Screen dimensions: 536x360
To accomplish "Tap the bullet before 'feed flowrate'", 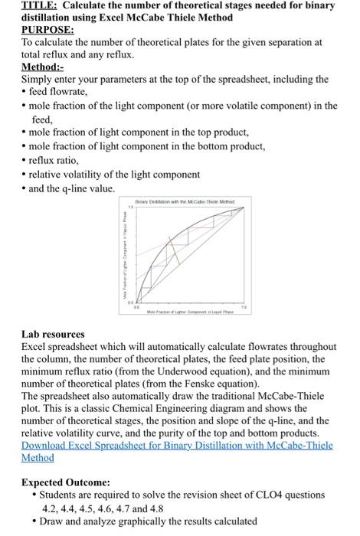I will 25,92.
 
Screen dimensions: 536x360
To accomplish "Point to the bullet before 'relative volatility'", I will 25,175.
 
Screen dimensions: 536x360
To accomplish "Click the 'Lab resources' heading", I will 53,335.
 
